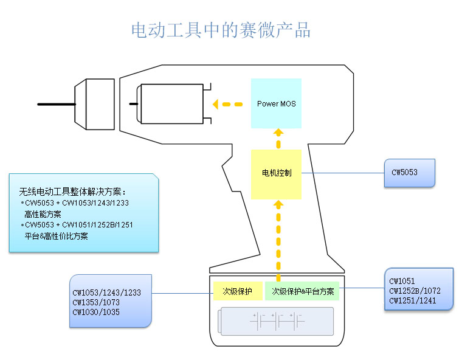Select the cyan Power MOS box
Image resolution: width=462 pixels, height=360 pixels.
[276, 103]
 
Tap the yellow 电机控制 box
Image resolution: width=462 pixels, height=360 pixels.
[276, 173]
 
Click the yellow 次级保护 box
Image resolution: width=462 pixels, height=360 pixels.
[237, 291]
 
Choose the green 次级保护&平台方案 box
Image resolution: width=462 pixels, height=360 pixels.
[302, 291]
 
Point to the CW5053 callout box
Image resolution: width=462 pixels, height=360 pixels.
[409, 173]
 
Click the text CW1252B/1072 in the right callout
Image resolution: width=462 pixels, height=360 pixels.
[416, 291]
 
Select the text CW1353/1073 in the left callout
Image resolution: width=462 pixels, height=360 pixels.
[96, 302]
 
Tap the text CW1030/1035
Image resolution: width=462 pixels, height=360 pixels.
[96, 312]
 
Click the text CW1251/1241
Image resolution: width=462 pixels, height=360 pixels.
[413, 300]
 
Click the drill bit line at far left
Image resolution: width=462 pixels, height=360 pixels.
[55, 105]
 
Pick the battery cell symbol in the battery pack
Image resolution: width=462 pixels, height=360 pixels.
[277, 320]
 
